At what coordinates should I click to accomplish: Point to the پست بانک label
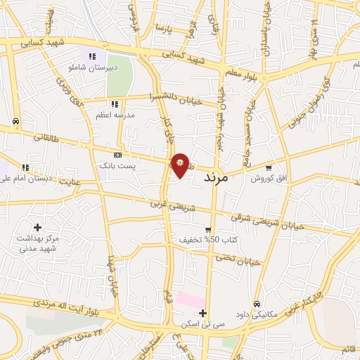(x=136, y=165)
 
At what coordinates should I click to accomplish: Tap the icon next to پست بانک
(x=117, y=155)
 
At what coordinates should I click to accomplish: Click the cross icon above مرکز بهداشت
(x=37, y=227)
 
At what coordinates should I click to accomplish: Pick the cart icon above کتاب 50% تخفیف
(x=208, y=230)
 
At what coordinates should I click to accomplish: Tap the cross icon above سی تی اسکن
(x=203, y=313)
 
